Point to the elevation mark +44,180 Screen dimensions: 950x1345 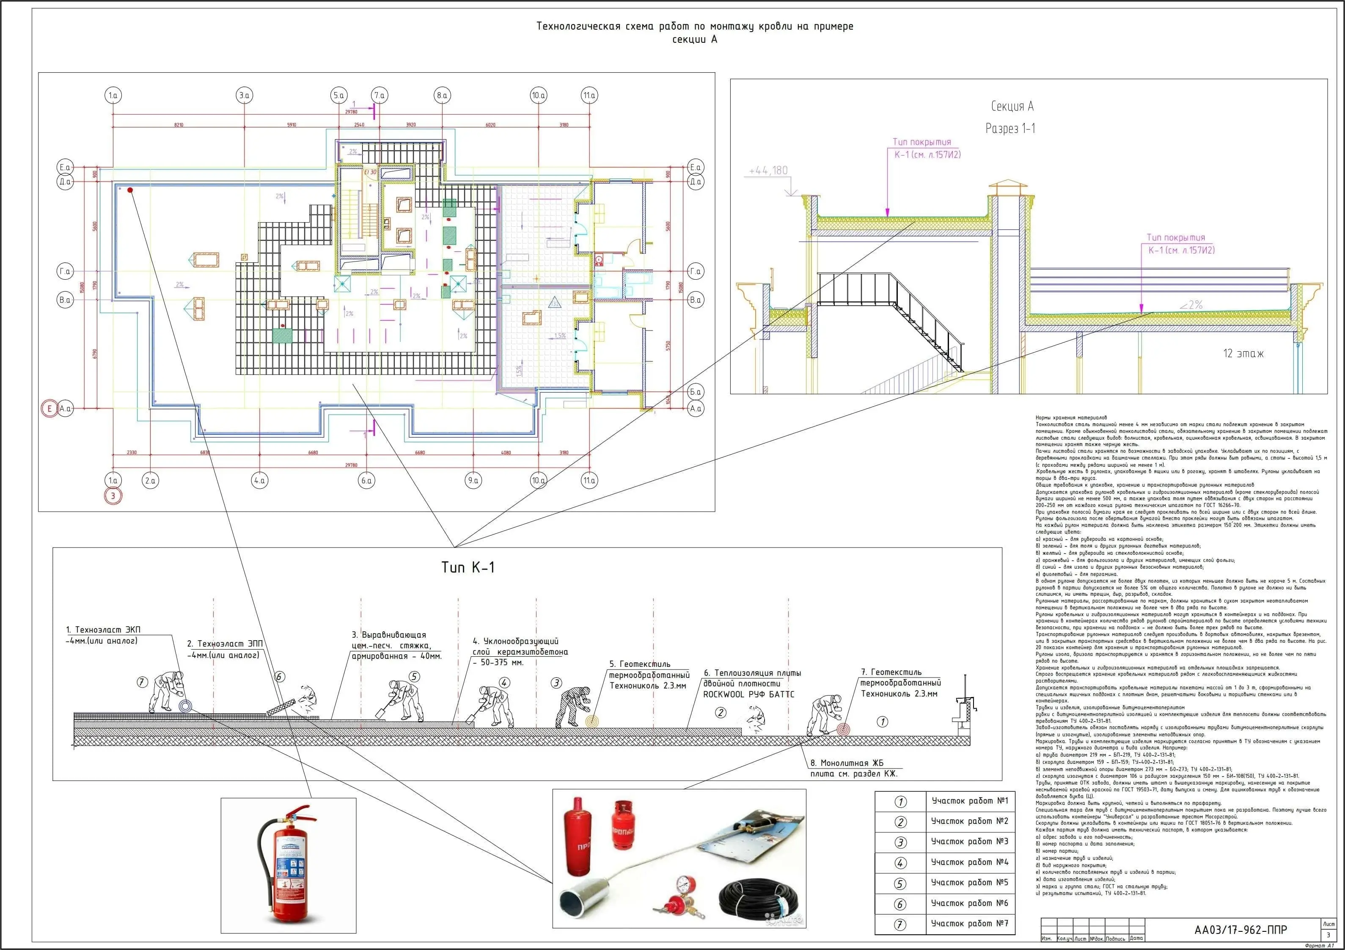click(x=768, y=171)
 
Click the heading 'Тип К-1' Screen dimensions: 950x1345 click(x=468, y=567)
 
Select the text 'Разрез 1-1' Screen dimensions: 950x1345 click(x=1010, y=128)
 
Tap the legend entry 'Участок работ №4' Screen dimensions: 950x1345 click(x=969, y=862)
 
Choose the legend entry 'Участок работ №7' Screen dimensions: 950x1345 click(x=969, y=924)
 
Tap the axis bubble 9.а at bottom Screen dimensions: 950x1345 click(x=473, y=481)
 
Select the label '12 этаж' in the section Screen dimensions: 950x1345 click(x=1243, y=353)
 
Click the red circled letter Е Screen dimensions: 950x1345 click(x=50, y=408)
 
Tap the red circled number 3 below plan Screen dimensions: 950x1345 click(x=113, y=496)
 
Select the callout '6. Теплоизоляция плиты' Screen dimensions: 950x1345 click(x=751, y=673)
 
